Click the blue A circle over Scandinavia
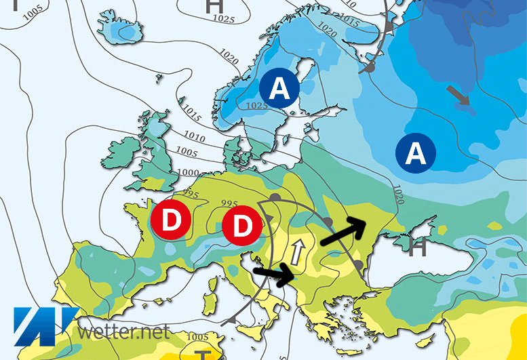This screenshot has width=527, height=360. [x=280, y=87]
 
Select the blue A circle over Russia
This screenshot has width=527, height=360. [x=416, y=154]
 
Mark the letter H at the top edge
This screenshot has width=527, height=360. [x=214, y=6]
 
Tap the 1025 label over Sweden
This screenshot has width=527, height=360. [x=257, y=106]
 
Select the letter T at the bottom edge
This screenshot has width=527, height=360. [x=202, y=354]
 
